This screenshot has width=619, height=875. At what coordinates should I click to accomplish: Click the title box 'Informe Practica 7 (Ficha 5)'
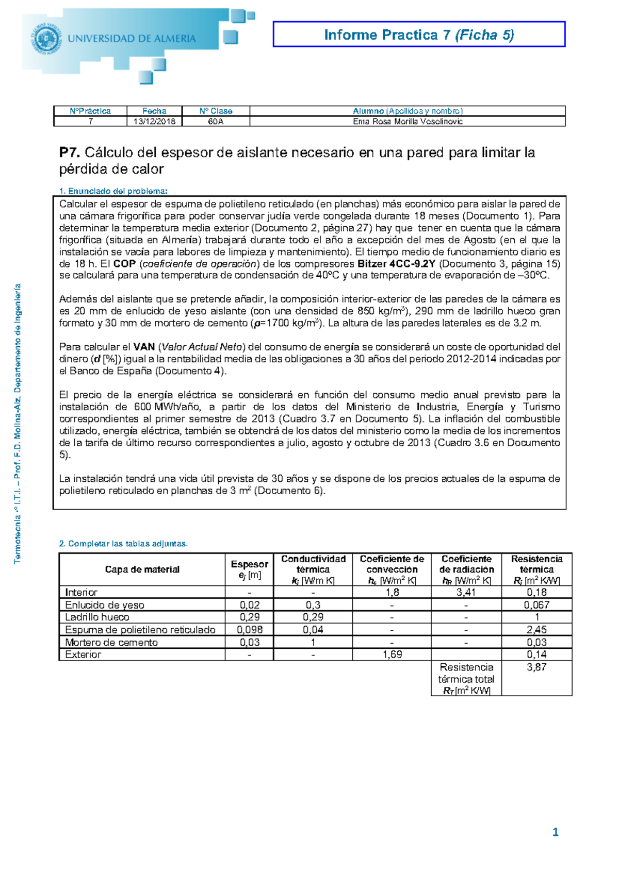[x=419, y=35]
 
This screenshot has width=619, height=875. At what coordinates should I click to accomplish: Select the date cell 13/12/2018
[x=154, y=122]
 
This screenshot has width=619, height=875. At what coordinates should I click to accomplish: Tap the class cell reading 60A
[x=216, y=122]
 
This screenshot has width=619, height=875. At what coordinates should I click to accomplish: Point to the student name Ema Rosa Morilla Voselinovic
[x=408, y=122]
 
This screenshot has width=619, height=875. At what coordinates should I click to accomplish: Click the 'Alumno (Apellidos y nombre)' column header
[x=408, y=111]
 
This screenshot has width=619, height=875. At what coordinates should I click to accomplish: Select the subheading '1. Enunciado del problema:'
[x=113, y=191]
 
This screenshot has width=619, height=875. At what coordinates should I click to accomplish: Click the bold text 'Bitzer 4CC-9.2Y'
[x=396, y=264]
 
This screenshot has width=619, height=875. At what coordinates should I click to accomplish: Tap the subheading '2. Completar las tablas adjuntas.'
[x=124, y=544]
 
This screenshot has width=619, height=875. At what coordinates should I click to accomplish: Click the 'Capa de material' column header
[x=142, y=569]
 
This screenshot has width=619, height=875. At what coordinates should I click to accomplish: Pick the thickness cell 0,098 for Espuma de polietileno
[x=249, y=630]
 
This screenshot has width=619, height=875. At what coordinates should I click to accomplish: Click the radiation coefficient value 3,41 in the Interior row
[x=466, y=593]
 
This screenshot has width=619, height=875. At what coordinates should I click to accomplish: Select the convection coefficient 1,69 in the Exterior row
[x=392, y=654]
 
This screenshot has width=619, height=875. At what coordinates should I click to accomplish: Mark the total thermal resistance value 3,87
[x=536, y=667]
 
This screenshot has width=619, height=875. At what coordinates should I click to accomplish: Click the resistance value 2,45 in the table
[x=536, y=630]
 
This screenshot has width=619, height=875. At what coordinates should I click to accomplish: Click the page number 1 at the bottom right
[x=555, y=832]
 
